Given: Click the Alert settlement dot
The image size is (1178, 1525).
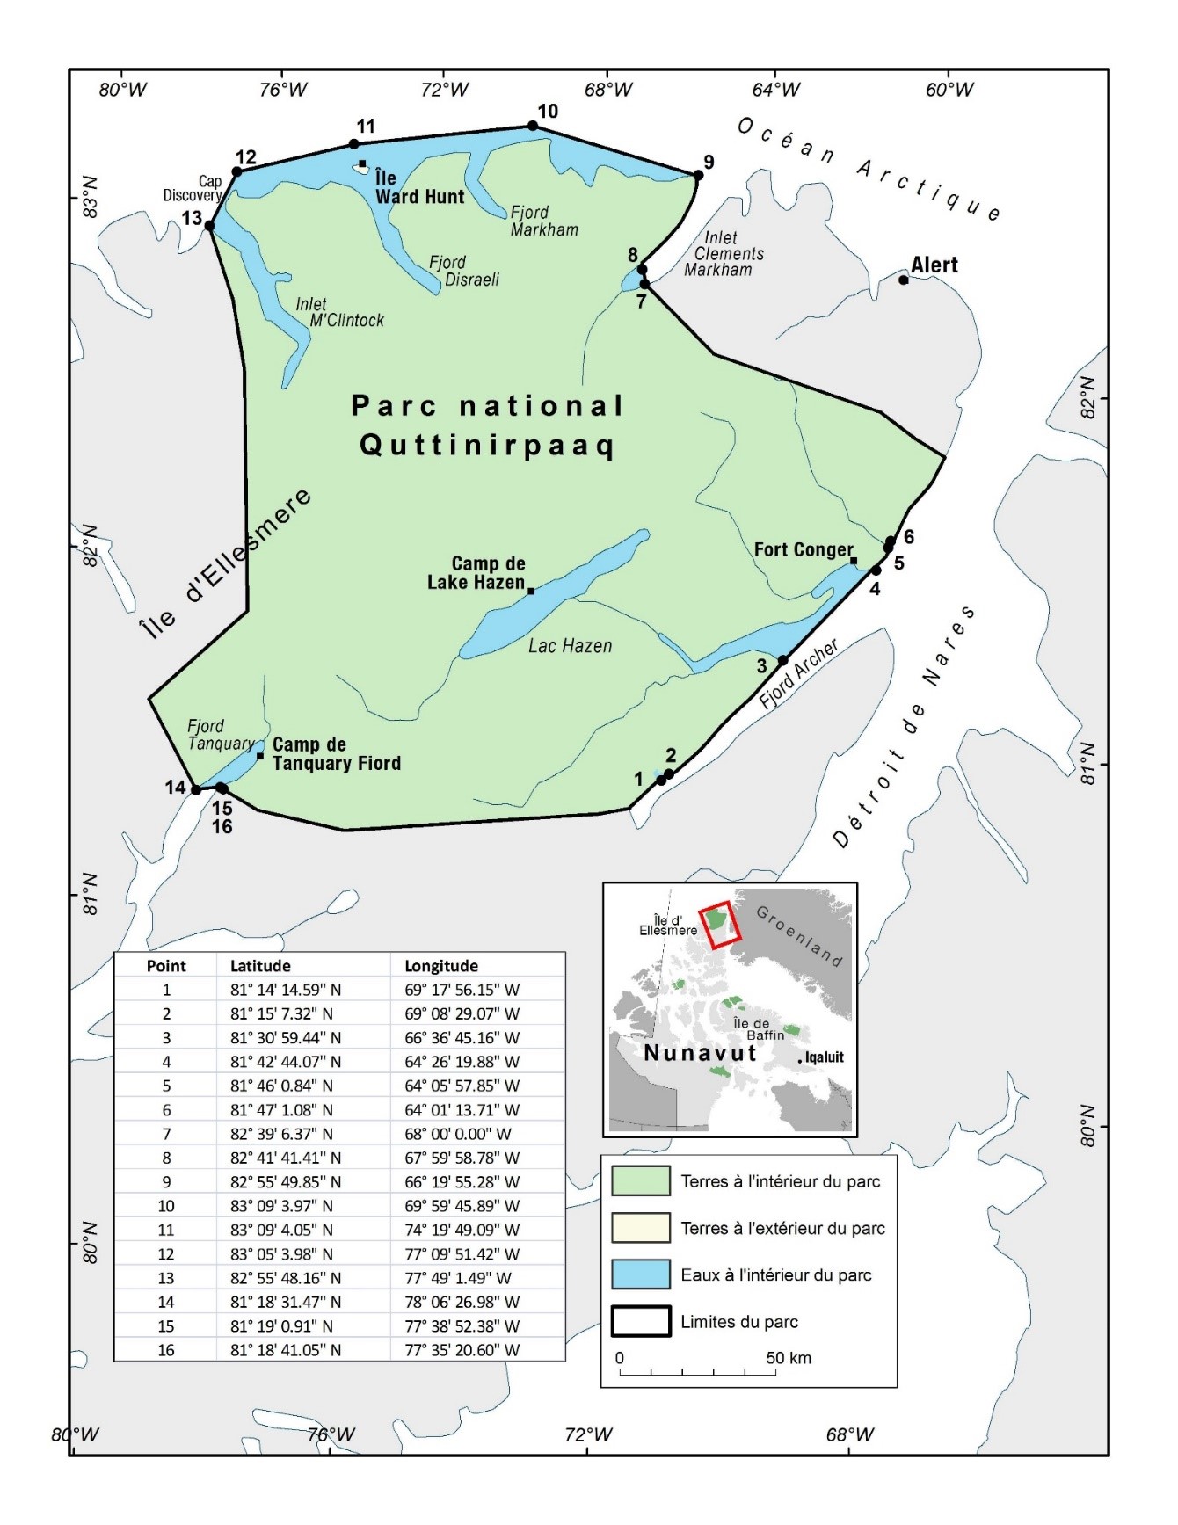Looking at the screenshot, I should click(903, 280).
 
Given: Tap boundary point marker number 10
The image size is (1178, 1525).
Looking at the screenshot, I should click(533, 126).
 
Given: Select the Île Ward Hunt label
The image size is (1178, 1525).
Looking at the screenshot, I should click(419, 187).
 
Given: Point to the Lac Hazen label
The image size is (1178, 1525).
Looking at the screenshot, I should click(570, 646).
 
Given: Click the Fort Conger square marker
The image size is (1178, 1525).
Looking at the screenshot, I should click(853, 561).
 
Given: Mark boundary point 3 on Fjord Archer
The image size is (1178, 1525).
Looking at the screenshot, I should click(782, 661).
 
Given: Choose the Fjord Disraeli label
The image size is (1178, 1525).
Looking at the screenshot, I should click(463, 271).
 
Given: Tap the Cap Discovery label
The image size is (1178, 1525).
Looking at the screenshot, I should click(193, 188).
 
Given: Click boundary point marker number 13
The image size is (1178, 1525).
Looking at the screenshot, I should click(209, 226).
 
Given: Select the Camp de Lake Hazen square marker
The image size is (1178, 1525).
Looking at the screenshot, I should click(531, 591).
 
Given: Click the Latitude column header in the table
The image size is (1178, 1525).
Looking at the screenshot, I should click(260, 966).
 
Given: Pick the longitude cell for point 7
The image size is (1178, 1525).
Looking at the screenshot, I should click(457, 1134).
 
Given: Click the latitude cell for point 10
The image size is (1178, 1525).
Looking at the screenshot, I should click(286, 1206).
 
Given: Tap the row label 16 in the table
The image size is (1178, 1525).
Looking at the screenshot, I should click(166, 1350).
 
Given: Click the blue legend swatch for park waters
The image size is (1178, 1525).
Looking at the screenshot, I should click(641, 1274).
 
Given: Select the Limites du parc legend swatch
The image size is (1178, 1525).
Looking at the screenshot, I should click(641, 1321).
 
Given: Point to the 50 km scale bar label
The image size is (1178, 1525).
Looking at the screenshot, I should click(788, 1358).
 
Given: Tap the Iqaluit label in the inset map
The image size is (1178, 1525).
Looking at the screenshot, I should click(824, 1057).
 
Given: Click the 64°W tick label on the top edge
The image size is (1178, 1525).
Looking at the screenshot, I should click(776, 90).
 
